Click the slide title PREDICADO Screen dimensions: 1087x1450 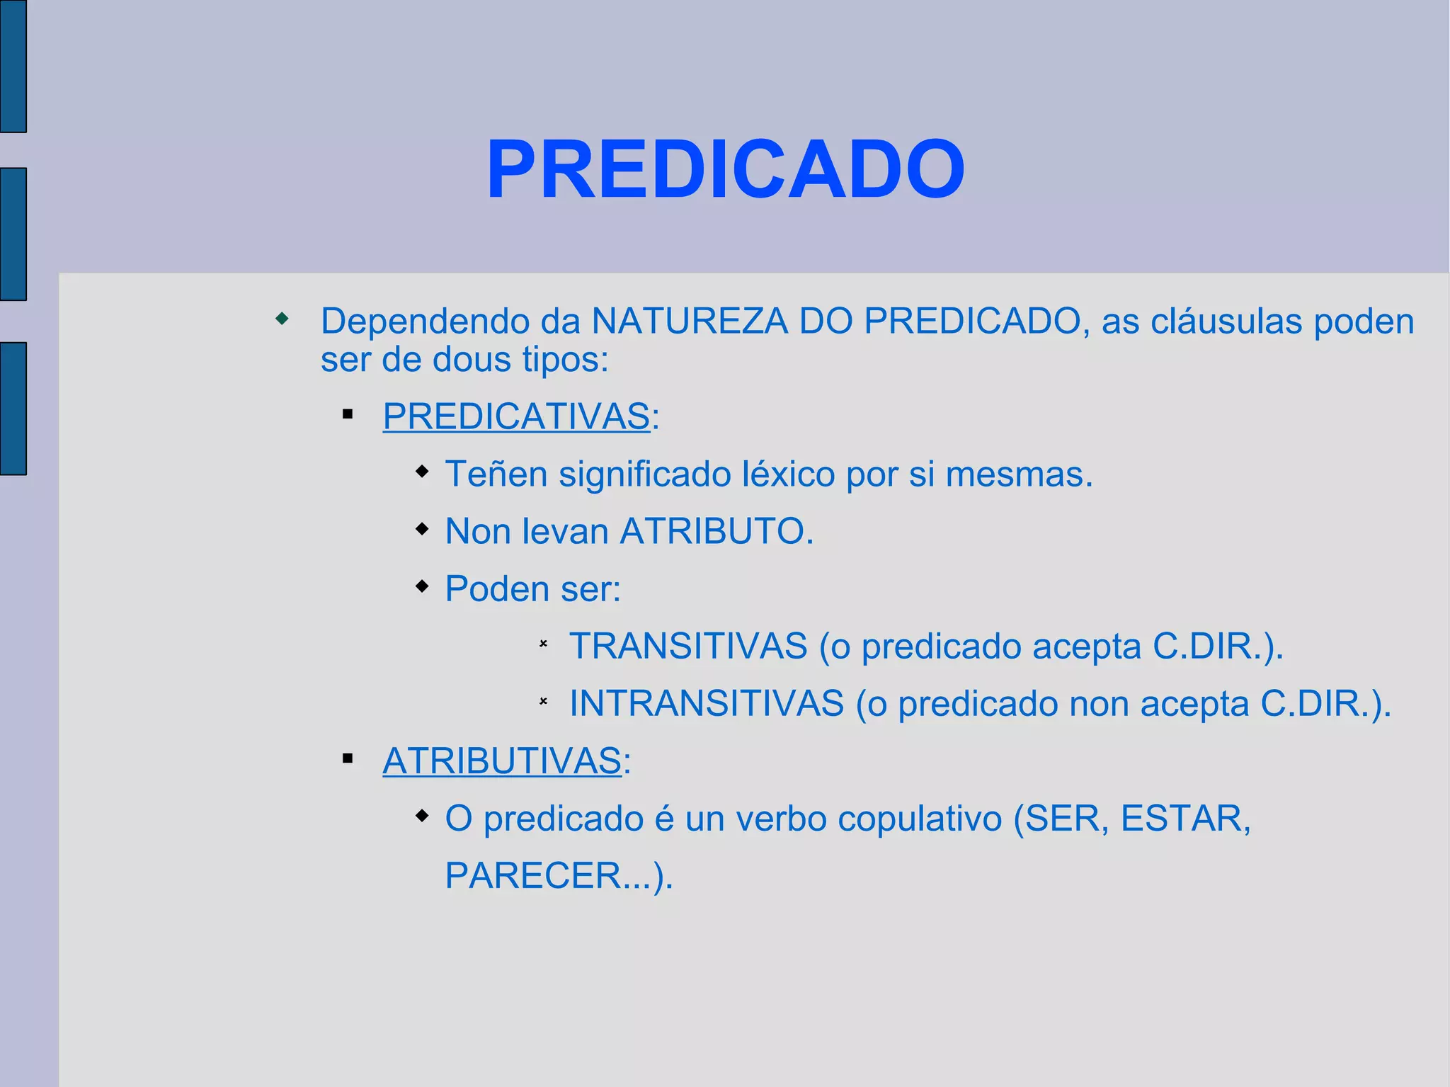coord(726,170)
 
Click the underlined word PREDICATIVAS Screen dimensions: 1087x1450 coord(515,416)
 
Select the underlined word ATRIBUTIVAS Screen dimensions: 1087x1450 coord(501,761)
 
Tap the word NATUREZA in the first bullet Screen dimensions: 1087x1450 coord(689,321)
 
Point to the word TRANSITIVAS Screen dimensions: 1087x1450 coord(688,646)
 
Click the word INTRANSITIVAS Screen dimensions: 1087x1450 coord(707,703)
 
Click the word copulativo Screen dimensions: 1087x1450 coord(920,819)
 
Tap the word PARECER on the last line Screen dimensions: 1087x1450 coord(533,876)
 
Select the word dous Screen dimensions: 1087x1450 coord(471,359)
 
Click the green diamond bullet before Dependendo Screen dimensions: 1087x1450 coord(282,319)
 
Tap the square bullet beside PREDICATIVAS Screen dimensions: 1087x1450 coord(347,414)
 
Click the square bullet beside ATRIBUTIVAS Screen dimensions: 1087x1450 coord(347,759)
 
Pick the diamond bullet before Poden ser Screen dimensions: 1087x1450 coord(422,586)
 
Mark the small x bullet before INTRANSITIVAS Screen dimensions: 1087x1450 coord(543,701)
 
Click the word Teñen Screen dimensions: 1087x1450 coord(496,474)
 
